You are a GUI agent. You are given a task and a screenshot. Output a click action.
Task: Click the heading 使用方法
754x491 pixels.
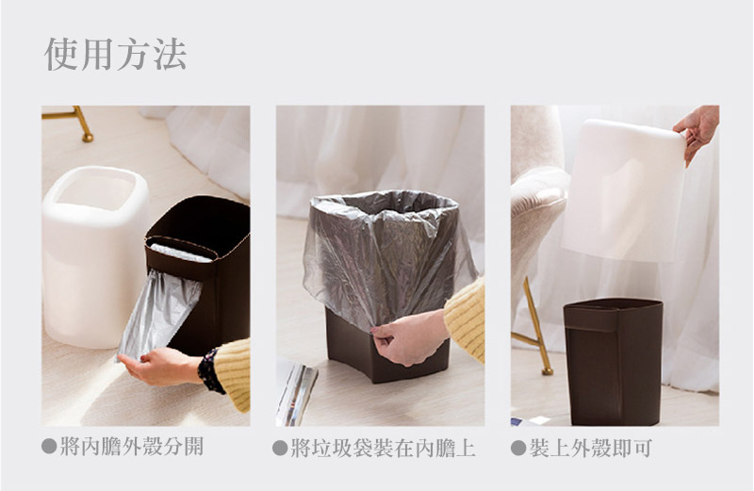point(115,54)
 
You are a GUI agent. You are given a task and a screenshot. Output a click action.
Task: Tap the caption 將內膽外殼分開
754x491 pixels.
point(132,447)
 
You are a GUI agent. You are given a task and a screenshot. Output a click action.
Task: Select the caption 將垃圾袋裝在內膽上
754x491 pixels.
point(384,449)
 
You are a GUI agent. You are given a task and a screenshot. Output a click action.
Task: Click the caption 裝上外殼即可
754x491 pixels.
point(591,448)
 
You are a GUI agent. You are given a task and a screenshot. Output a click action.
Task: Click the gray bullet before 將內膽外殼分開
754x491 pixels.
point(49,447)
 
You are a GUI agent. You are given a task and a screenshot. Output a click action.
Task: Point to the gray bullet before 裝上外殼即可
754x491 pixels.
point(518,448)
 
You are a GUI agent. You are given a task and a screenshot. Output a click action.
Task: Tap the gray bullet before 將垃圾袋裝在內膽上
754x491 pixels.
point(280,449)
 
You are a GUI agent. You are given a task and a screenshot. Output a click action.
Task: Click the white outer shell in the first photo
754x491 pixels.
point(93,254)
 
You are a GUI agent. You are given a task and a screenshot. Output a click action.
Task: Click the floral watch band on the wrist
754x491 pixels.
point(209,370)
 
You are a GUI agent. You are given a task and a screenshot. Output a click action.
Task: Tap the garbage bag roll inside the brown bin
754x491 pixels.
point(181,252)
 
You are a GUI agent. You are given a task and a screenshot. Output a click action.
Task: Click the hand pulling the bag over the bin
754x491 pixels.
point(409,336)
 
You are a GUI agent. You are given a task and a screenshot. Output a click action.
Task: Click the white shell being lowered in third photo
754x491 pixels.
point(624,190)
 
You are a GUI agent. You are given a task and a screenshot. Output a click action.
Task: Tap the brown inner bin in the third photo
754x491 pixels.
point(614,362)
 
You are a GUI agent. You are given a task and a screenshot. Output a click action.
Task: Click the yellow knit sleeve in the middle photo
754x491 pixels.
point(466,318)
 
